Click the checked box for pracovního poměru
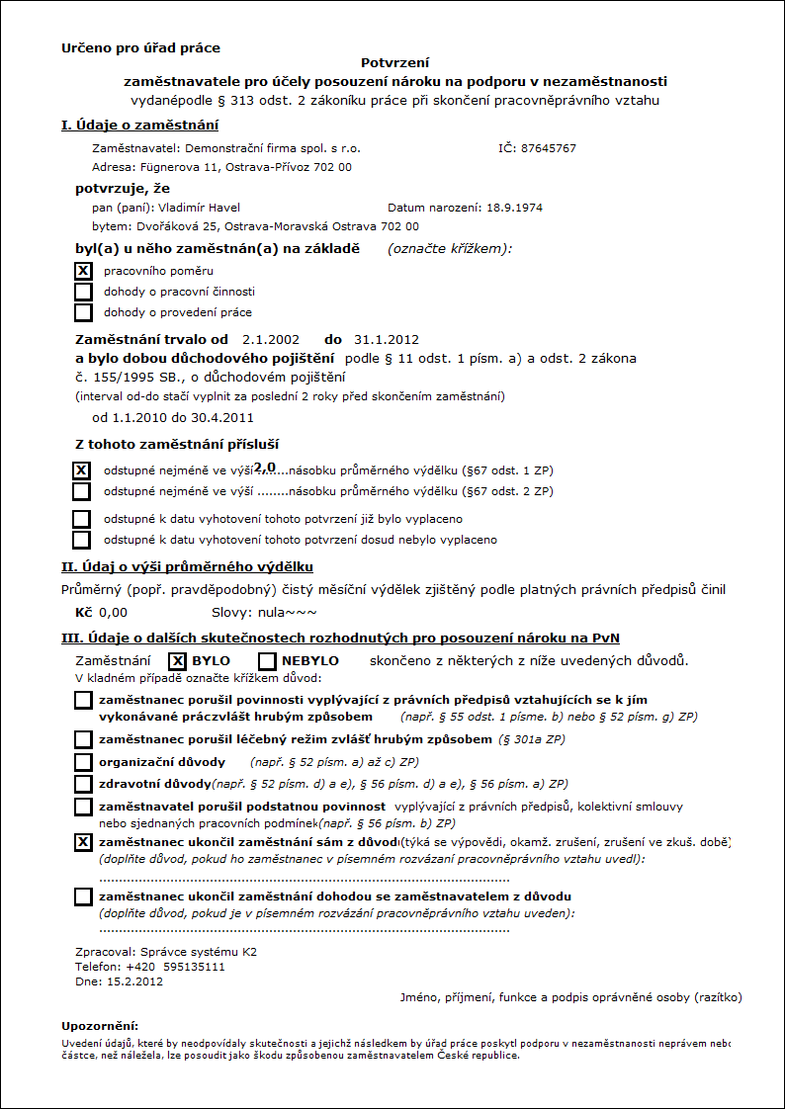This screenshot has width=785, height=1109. pyautogui.click(x=83, y=271)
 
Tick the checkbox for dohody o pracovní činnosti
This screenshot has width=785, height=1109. pyautogui.click(x=83, y=292)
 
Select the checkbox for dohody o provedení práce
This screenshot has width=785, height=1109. pyautogui.click(x=83, y=312)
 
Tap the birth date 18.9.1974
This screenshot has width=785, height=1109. pyautogui.click(x=513, y=208)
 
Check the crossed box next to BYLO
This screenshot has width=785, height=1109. pyautogui.click(x=177, y=661)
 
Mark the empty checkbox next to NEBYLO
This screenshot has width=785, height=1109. pyautogui.click(x=266, y=661)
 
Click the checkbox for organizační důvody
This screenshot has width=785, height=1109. pyautogui.click(x=83, y=762)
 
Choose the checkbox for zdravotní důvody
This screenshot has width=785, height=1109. pyautogui.click(x=83, y=784)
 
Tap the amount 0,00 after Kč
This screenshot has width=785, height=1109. pyautogui.click(x=113, y=613)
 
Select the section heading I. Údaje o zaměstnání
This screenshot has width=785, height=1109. pyautogui.click(x=139, y=125)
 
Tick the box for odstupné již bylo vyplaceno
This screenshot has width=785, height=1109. pyautogui.click(x=82, y=519)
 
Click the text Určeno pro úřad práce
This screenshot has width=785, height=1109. pyautogui.click(x=140, y=47)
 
